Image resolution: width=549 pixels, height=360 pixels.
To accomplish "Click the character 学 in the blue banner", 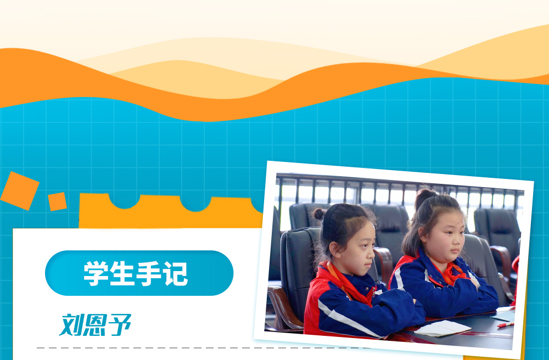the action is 95,273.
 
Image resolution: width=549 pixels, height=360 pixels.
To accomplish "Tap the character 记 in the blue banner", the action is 176,273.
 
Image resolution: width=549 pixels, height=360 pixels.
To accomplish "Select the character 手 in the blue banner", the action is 149,273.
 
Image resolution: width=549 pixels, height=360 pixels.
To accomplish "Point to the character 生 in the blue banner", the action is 122,273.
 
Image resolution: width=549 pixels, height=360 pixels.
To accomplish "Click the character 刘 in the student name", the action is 71,325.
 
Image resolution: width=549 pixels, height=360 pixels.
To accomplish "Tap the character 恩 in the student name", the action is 95,325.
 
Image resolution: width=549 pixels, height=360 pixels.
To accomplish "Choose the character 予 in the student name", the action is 119,325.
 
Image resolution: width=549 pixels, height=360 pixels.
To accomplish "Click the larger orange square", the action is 20,190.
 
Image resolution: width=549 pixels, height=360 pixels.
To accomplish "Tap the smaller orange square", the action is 57,201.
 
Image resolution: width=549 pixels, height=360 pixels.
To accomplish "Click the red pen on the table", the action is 505,325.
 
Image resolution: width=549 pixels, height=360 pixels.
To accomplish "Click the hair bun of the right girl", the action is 425,197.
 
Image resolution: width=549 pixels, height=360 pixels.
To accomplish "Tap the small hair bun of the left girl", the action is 318,214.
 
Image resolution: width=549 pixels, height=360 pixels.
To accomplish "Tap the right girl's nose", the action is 458,241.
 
